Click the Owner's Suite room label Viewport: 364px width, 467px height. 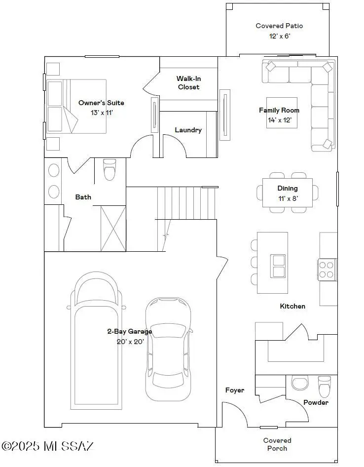point(101,103)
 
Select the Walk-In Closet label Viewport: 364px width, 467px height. point(188,82)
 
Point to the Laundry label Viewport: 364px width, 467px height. point(188,130)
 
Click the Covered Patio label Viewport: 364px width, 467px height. point(279,26)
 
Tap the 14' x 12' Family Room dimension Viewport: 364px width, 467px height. point(279,119)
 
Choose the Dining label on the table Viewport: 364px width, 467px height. point(287,188)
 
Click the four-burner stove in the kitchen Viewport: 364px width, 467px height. point(326,269)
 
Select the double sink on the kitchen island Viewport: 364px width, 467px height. point(278,266)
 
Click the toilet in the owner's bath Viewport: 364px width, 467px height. point(109,171)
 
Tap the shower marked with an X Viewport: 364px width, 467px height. point(113,229)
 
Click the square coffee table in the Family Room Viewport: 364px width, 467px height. point(282,113)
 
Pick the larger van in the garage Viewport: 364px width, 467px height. point(97,341)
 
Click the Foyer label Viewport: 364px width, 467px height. point(235,390)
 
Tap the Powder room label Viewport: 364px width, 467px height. point(316,402)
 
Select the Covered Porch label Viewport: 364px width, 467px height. point(277,444)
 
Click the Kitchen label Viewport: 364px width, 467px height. point(292,306)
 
